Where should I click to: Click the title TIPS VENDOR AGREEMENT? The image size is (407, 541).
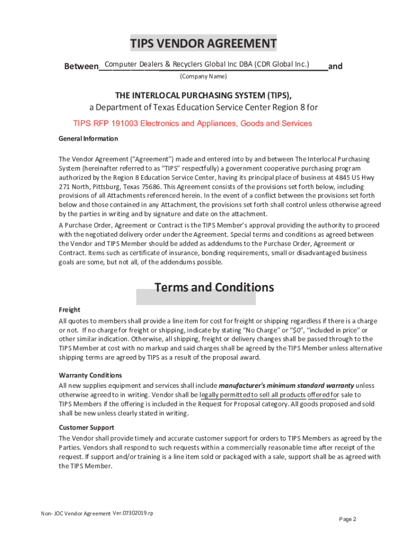tap(203, 43)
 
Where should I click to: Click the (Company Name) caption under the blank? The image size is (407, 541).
tap(203, 77)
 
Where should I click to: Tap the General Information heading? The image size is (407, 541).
tap(88, 138)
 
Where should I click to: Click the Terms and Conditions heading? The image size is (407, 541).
tap(214, 287)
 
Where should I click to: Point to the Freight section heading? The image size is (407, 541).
tap(69, 310)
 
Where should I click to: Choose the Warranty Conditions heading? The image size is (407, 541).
tap(90, 375)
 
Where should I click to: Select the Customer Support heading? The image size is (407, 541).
tap(86, 427)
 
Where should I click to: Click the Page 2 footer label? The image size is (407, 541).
tap(347, 519)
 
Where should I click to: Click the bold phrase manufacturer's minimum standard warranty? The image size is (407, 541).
tap(286, 385)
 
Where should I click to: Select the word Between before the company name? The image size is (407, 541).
tap(81, 67)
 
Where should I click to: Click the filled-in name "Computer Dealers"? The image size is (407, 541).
tap(131, 64)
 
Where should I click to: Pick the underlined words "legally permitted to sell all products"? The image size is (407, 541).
tap(253, 395)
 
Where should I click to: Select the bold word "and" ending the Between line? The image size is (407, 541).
tap(335, 67)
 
